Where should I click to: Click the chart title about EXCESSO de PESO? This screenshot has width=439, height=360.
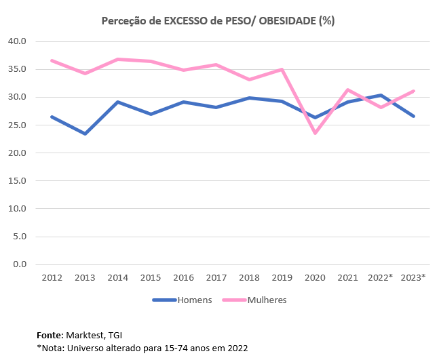click(218, 21)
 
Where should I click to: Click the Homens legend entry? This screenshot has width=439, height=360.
click(194, 300)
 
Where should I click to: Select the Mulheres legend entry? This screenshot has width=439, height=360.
click(267, 300)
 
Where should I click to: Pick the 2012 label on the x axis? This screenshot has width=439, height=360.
click(52, 278)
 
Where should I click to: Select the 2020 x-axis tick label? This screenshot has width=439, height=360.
click(315, 278)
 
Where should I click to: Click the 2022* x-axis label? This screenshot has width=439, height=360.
click(381, 278)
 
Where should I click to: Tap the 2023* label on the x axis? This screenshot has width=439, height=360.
click(414, 278)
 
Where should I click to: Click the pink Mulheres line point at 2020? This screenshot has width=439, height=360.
click(315, 133)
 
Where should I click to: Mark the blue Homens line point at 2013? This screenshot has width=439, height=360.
click(85, 134)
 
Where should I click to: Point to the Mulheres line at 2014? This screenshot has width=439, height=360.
click(117, 59)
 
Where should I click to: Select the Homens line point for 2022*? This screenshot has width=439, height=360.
click(381, 95)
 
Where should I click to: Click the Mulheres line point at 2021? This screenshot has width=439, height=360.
click(348, 89)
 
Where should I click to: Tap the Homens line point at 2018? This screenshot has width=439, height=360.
click(249, 98)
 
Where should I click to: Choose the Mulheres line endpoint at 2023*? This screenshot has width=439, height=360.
click(413, 91)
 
